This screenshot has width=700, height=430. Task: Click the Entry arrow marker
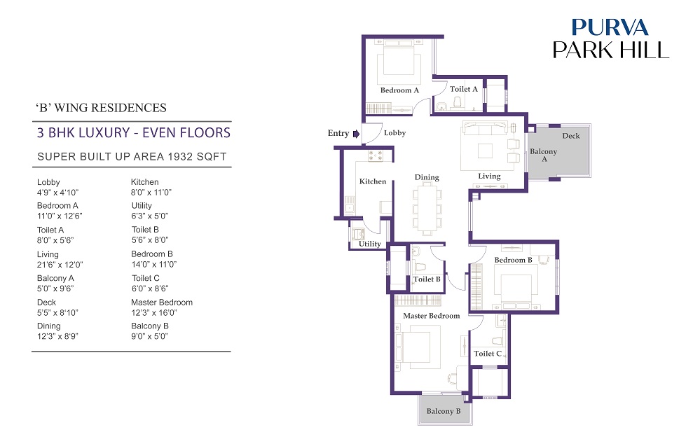click(356, 133)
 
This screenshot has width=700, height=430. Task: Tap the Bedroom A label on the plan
click(399, 90)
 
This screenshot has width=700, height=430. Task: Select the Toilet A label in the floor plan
click(463, 89)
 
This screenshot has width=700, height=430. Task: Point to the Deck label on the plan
click(571, 136)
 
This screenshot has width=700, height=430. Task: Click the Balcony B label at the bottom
click(444, 411)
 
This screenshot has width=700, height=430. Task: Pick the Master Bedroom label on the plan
click(431, 315)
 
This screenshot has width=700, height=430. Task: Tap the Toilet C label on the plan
click(488, 353)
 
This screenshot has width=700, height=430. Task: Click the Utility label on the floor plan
click(370, 244)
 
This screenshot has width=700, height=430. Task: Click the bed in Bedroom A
click(399, 62)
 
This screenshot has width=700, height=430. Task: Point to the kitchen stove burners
click(375, 155)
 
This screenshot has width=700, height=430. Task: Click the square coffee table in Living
click(486, 151)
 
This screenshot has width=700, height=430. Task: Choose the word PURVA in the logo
click(610, 27)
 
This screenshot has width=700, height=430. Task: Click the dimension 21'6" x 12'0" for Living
click(60, 265)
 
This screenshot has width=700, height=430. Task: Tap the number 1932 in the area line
click(181, 157)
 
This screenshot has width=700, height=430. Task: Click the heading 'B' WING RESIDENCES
click(101, 108)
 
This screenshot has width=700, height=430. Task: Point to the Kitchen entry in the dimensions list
click(144, 182)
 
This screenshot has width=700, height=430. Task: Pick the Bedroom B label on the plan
click(513, 260)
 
